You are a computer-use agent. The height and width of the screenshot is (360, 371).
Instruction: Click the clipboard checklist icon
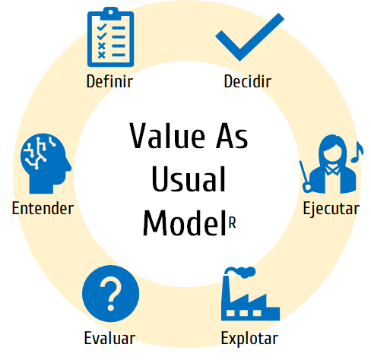110,37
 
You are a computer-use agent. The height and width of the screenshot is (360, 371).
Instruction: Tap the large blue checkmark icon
249,37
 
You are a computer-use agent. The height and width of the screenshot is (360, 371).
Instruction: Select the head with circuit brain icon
46,163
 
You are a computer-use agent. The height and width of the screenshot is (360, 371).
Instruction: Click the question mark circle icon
111,294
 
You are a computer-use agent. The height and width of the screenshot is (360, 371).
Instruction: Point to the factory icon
250,294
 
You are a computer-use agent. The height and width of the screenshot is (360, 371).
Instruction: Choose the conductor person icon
331,164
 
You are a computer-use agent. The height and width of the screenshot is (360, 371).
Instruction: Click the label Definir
109,81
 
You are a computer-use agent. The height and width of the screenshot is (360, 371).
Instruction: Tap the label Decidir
248,81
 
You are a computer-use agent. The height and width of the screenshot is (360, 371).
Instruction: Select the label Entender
43,208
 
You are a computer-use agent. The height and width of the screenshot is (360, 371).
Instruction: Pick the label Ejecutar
331,209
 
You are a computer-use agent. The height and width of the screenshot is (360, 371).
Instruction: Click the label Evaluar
109,338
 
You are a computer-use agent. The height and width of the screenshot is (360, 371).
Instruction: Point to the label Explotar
249,339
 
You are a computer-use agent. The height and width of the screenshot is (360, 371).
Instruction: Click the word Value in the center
167,135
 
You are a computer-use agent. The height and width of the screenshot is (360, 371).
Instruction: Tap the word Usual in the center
189,179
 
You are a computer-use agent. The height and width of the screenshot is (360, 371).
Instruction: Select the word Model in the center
184,223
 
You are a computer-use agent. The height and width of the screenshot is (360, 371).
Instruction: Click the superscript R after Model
233,223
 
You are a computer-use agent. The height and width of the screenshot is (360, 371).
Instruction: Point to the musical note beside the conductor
357,152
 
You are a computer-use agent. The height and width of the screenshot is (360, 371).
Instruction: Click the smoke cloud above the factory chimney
241,272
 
